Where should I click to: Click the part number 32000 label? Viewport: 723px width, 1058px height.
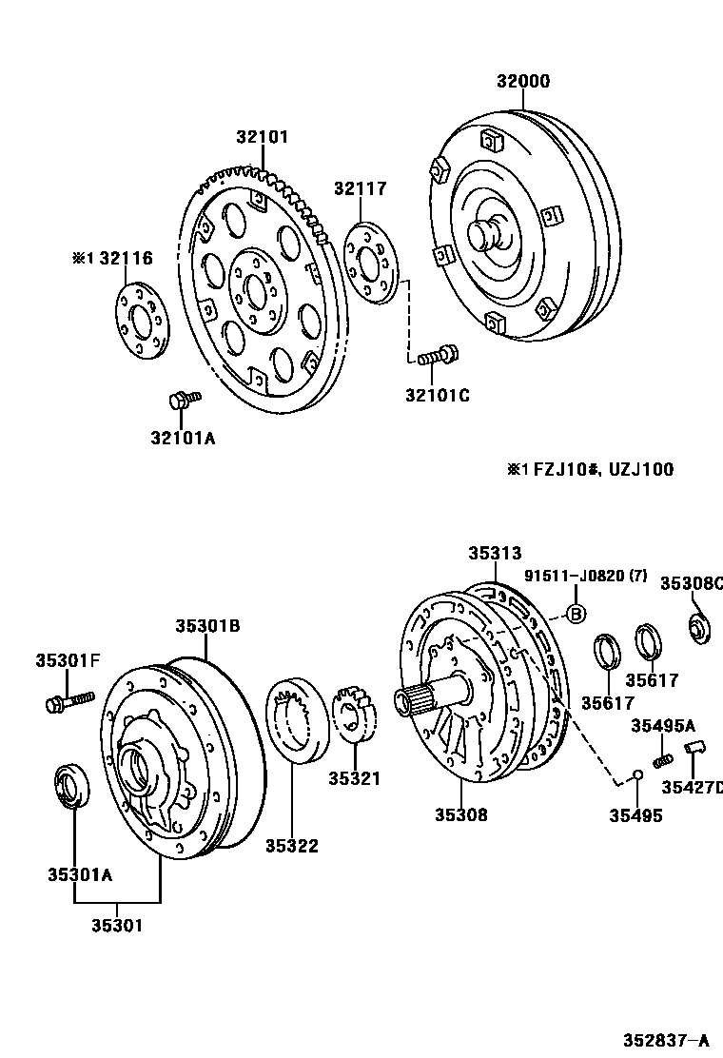point(522,82)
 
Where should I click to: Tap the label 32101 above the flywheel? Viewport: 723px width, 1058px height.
point(262,137)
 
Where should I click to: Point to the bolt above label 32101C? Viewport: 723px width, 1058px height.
point(438,356)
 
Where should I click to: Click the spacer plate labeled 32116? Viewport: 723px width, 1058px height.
point(141,321)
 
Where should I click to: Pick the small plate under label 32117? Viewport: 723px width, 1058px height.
point(372,261)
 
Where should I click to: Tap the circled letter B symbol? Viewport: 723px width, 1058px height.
point(576,614)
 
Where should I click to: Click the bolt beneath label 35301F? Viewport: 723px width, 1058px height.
point(68,702)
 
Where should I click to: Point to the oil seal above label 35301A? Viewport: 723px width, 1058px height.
point(71,785)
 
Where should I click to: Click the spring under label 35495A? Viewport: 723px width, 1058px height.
point(665,759)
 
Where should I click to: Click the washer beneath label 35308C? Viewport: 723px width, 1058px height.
point(701,628)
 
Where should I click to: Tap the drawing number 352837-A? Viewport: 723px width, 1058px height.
point(666,1040)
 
